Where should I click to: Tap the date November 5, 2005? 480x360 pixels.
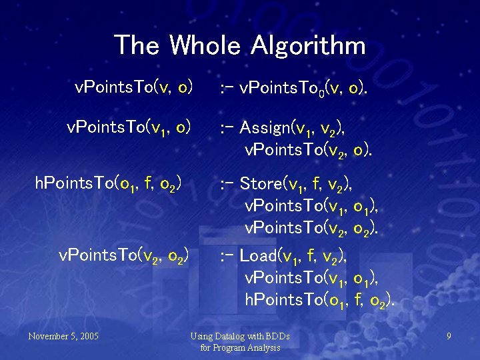click(x=63, y=336)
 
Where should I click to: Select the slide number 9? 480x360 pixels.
click(x=449, y=336)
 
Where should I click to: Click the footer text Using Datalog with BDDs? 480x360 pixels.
click(x=240, y=336)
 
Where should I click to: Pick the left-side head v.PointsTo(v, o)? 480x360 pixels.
click(x=134, y=87)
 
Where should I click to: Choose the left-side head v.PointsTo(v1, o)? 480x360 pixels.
click(x=129, y=127)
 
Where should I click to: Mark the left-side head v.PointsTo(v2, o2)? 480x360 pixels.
click(x=124, y=255)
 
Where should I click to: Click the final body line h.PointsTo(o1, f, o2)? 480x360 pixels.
click(x=319, y=301)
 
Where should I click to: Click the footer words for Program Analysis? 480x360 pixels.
click(x=240, y=347)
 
